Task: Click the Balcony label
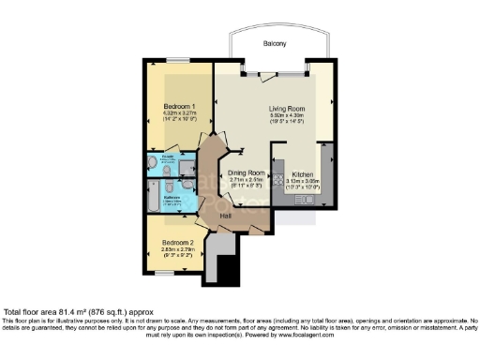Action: [x=274, y=44]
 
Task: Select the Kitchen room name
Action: [x=302, y=173]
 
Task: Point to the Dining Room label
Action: [x=247, y=173]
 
